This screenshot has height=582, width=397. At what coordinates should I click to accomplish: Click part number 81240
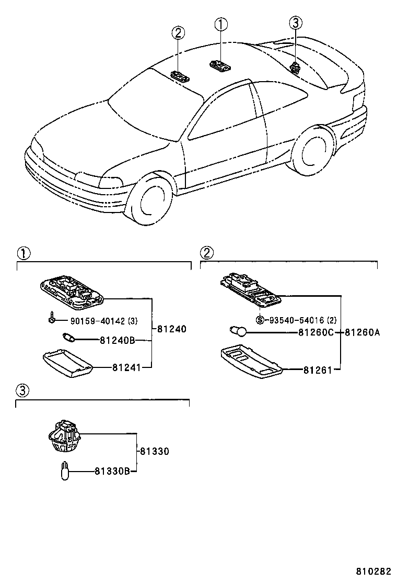click(x=171, y=329)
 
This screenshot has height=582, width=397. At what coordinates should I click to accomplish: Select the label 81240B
click(x=118, y=340)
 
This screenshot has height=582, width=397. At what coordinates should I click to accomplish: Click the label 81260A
click(x=362, y=332)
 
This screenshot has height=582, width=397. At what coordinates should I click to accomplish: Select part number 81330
click(x=154, y=451)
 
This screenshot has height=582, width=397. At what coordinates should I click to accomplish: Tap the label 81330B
click(x=112, y=472)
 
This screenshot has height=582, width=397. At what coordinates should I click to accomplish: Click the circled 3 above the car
click(x=296, y=23)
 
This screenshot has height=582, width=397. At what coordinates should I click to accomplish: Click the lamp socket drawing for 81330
click(x=63, y=435)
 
